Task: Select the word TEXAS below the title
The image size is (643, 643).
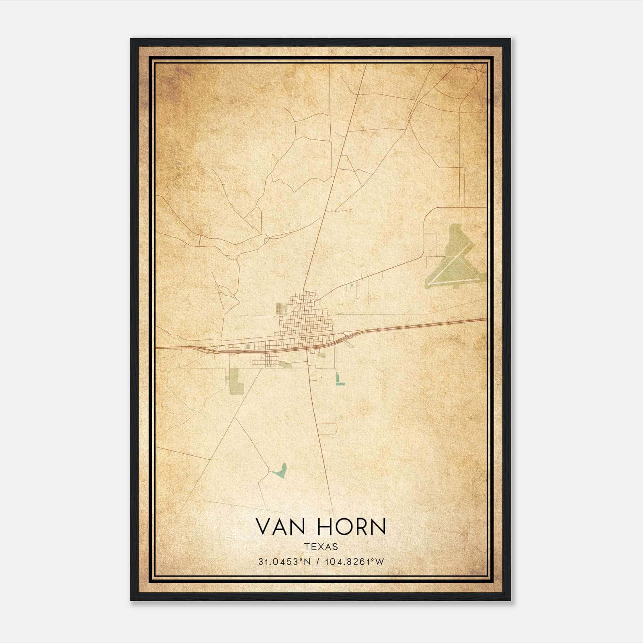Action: [x=321, y=547]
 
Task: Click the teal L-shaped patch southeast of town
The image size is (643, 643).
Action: [x=339, y=379]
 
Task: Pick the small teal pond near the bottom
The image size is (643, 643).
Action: [x=280, y=471]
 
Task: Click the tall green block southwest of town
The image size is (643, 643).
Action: [x=235, y=379]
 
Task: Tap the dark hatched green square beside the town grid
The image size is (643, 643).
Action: [x=279, y=309]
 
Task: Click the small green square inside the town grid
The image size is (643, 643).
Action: [x=286, y=309]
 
